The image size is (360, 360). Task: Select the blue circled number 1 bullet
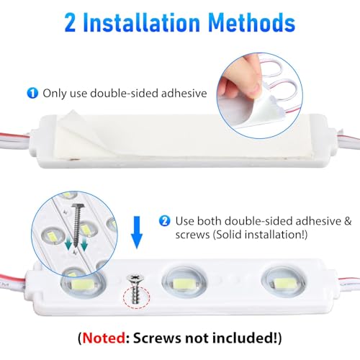[x=32, y=93]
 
